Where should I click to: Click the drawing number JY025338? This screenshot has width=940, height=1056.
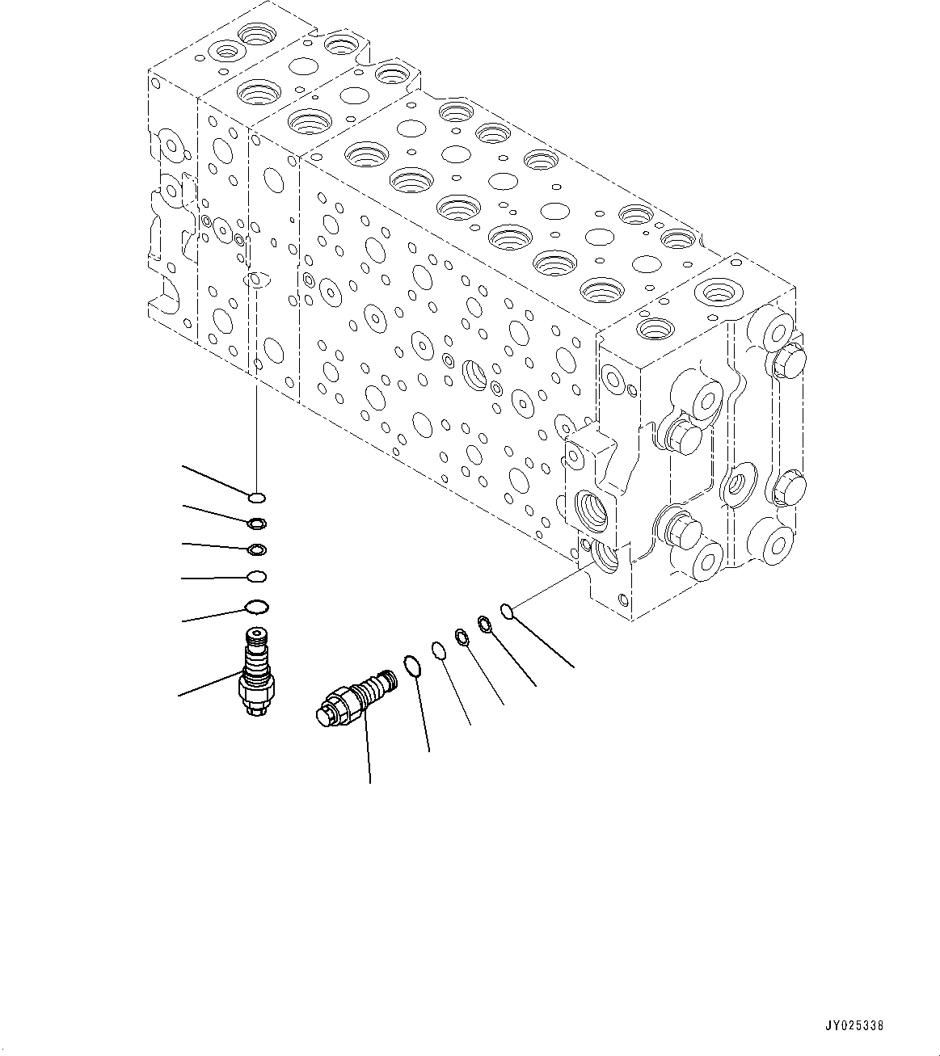tap(854, 1025)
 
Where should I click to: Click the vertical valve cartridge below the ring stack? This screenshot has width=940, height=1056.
tap(257, 672)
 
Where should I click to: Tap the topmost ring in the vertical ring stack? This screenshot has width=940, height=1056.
tap(257, 498)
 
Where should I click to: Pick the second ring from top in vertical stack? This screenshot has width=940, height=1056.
tap(257, 524)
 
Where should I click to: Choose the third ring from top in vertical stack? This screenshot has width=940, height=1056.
tap(256, 550)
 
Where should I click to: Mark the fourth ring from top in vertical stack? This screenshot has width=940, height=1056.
tap(256, 577)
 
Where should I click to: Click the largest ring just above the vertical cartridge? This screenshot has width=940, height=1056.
tap(256, 606)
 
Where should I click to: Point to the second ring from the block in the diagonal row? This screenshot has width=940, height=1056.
tap(485, 624)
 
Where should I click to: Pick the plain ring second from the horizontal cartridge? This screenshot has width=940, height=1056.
tap(438, 650)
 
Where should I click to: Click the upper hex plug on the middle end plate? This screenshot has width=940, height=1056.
tap(684, 436)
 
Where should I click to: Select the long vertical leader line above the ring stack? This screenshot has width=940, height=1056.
tap(256, 388)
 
